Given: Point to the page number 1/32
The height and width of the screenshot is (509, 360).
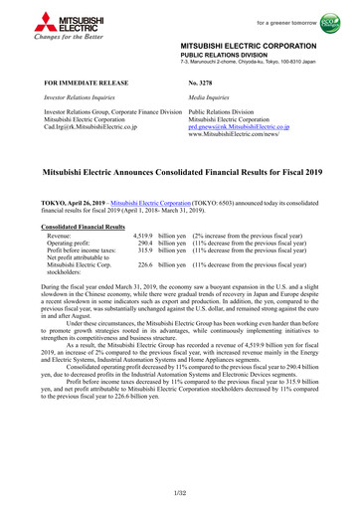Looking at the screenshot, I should click(x=180, y=492).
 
